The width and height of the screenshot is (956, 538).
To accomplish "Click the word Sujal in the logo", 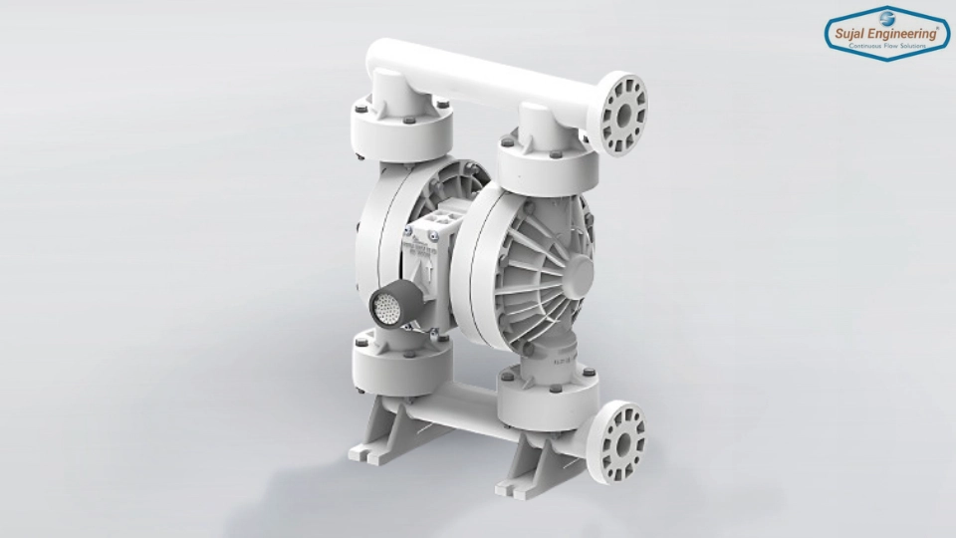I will pyautogui.click(x=852, y=32).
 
